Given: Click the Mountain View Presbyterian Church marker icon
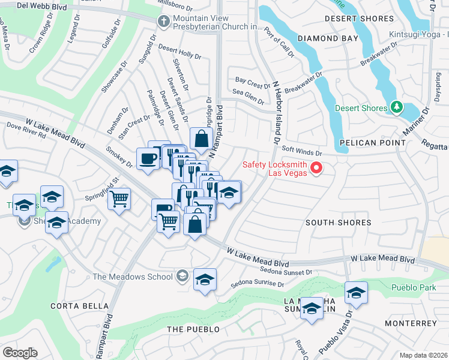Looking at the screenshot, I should [163, 22].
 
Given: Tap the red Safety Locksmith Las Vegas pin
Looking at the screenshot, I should [316, 169].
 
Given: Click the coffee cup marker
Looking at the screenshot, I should [148, 159].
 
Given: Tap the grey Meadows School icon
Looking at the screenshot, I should [183, 277].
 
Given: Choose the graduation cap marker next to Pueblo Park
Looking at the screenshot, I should [357, 293].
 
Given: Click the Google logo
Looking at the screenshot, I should [20, 353].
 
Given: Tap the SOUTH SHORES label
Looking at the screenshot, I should [338, 223].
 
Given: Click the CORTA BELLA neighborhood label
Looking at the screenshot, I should [71, 305].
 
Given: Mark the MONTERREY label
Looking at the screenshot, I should [411, 323].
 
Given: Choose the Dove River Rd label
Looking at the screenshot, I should [26, 131].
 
